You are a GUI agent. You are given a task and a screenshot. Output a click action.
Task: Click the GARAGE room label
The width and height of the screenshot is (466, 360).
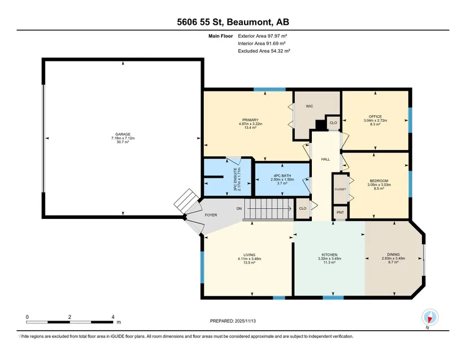pyautogui.click(x=123, y=134)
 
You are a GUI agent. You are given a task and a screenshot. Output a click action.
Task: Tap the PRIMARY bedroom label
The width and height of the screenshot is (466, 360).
pyautogui.click(x=250, y=120)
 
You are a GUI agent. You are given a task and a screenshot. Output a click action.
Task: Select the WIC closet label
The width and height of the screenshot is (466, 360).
pyautogui.click(x=310, y=106)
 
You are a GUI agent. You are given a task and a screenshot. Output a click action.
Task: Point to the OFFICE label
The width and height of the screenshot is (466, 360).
pyautogui.click(x=375, y=117)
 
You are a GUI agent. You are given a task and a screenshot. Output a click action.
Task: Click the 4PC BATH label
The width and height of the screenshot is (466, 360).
pyautogui.click(x=282, y=175)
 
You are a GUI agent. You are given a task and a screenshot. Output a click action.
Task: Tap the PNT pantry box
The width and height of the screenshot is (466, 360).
pyautogui.click(x=340, y=212)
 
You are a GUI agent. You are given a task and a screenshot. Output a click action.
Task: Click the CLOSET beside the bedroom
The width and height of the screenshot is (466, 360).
pyautogui.click(x=340, y=189)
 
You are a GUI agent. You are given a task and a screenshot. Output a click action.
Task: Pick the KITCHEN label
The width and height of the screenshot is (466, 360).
pyautogui.click(x=329, y=254)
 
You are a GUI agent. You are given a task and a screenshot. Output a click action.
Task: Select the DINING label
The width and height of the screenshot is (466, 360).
pyautogui.click(x=393, y=254)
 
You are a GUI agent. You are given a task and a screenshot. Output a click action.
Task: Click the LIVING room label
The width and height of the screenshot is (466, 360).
pyautogui.click(x=249, y=254)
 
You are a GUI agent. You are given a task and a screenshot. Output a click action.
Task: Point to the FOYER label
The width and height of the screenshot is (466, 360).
pyautogui.click(x=211, y=215)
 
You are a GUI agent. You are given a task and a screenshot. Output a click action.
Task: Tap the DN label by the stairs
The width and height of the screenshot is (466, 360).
pyautogui.click(x=239, y=209)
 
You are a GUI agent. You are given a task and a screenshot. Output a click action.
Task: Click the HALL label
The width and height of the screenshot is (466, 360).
pyautogui.click(x=325, y=159)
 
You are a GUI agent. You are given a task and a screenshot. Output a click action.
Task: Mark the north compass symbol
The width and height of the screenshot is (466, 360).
pyautogui.click(x=430, y=317)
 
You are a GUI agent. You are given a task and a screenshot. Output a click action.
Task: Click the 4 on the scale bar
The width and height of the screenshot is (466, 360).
pyautogui.click(x=113, y=317)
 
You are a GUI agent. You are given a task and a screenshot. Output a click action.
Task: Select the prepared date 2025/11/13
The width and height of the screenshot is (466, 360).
pyautogui.click(x=245, y=321)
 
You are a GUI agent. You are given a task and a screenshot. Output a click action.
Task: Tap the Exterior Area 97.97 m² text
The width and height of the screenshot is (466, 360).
pyautogui.click(x=263, y=36)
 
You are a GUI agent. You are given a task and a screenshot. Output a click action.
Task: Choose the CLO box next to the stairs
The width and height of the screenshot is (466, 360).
pyautogui.click(x=303, y=208)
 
